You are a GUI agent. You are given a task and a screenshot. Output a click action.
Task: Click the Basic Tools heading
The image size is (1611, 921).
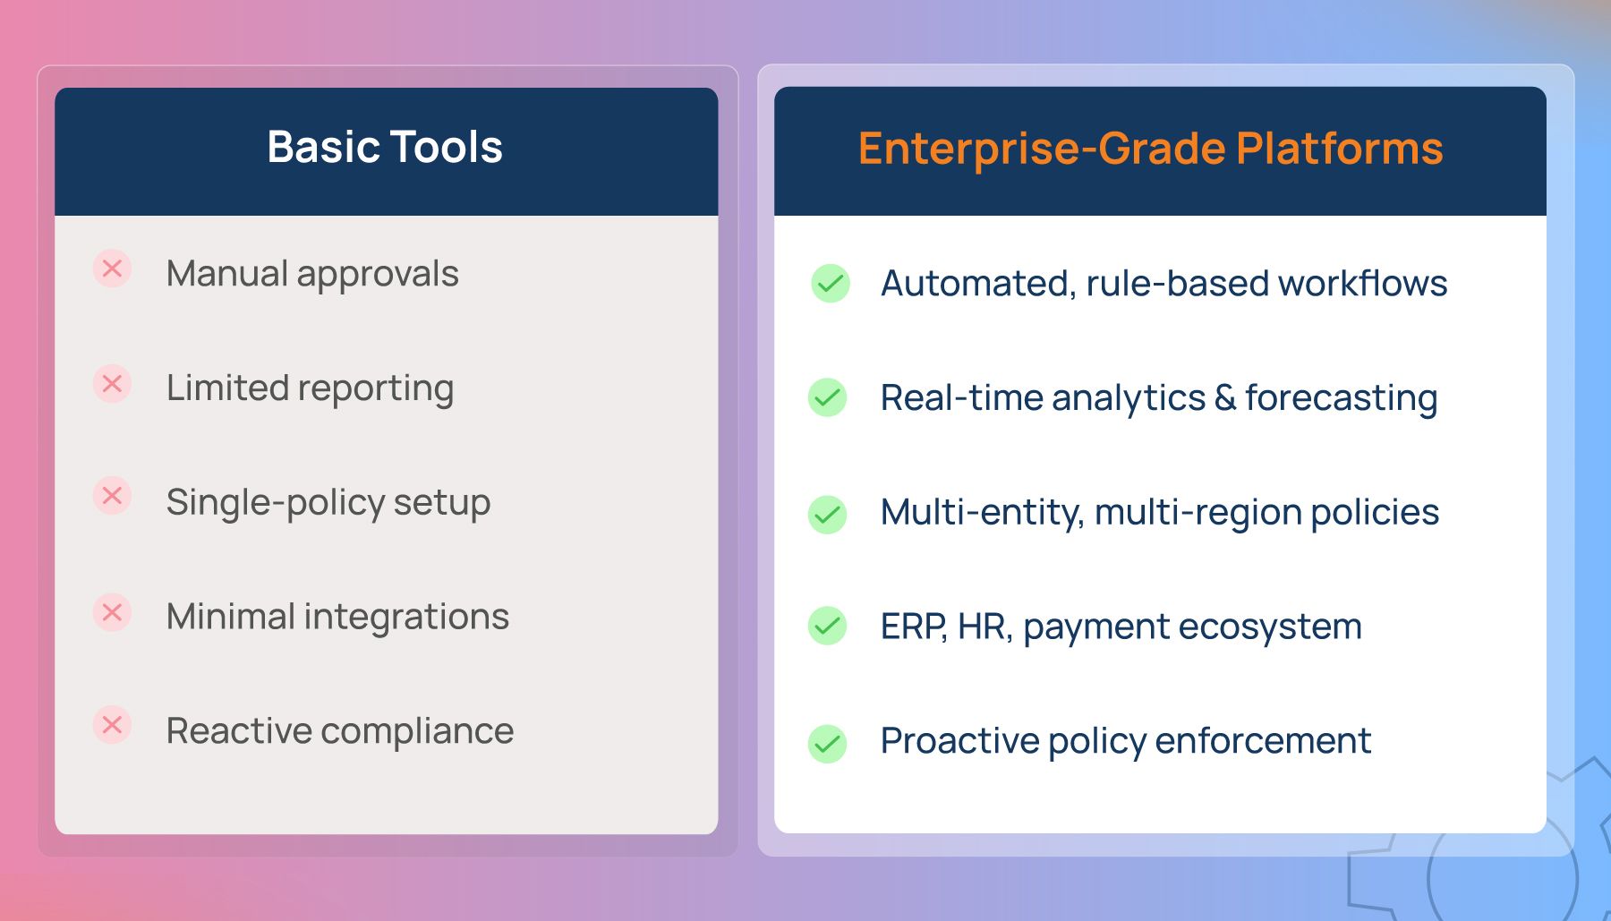tap(385, 147)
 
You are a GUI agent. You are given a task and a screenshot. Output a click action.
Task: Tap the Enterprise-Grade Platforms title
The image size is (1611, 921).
tap(1151, 149)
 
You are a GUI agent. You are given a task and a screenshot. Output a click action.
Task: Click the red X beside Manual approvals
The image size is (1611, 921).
tap(112, 269)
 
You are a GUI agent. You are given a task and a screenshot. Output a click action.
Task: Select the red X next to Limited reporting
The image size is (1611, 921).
tap(112, 384)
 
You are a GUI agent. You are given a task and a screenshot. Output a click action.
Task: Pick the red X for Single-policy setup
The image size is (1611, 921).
tap(112, 496)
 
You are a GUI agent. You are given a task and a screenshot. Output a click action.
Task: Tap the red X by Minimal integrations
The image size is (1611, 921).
tap(112, 612)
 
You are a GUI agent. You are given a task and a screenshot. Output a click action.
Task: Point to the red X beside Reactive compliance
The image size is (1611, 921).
tap(112, 724)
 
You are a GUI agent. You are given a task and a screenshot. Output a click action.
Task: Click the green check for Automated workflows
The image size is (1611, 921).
tap(831, 284)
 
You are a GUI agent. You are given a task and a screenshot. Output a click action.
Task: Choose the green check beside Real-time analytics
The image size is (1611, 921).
tap(828, 397)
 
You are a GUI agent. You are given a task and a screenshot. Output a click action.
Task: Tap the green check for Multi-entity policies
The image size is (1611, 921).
tap(828, 515)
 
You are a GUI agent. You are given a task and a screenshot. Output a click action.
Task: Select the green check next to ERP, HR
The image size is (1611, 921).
tap(828, 627)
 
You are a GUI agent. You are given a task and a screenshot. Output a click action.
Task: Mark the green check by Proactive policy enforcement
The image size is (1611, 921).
tap(828, 744)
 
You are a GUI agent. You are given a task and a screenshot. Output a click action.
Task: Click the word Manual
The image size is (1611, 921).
tap(227, 273)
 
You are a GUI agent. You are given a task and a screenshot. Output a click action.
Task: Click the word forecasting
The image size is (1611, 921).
tap(1342, 398)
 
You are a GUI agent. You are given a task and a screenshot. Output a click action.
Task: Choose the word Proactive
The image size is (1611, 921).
tap(959, 741)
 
